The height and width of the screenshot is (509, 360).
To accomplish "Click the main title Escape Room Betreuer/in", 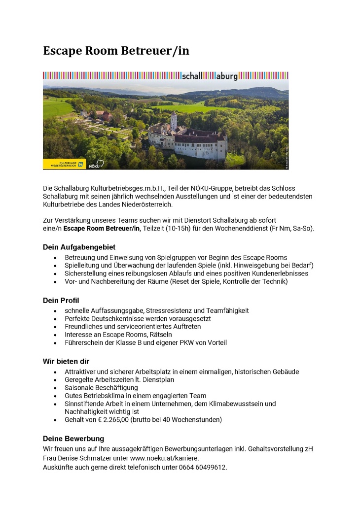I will coord(116,51).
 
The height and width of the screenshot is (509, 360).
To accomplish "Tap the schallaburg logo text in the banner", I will coord(210,76).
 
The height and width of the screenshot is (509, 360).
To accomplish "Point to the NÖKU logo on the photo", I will coord(96,164).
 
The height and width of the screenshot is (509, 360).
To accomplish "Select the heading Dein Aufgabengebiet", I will coord(79,247).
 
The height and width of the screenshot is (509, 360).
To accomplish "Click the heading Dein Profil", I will coord(61,300).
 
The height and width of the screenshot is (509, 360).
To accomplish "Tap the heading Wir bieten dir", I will coord(66,361).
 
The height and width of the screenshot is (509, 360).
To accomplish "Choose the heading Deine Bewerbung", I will coord(73,439).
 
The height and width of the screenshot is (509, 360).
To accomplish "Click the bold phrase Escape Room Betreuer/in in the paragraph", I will coord(102,229).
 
